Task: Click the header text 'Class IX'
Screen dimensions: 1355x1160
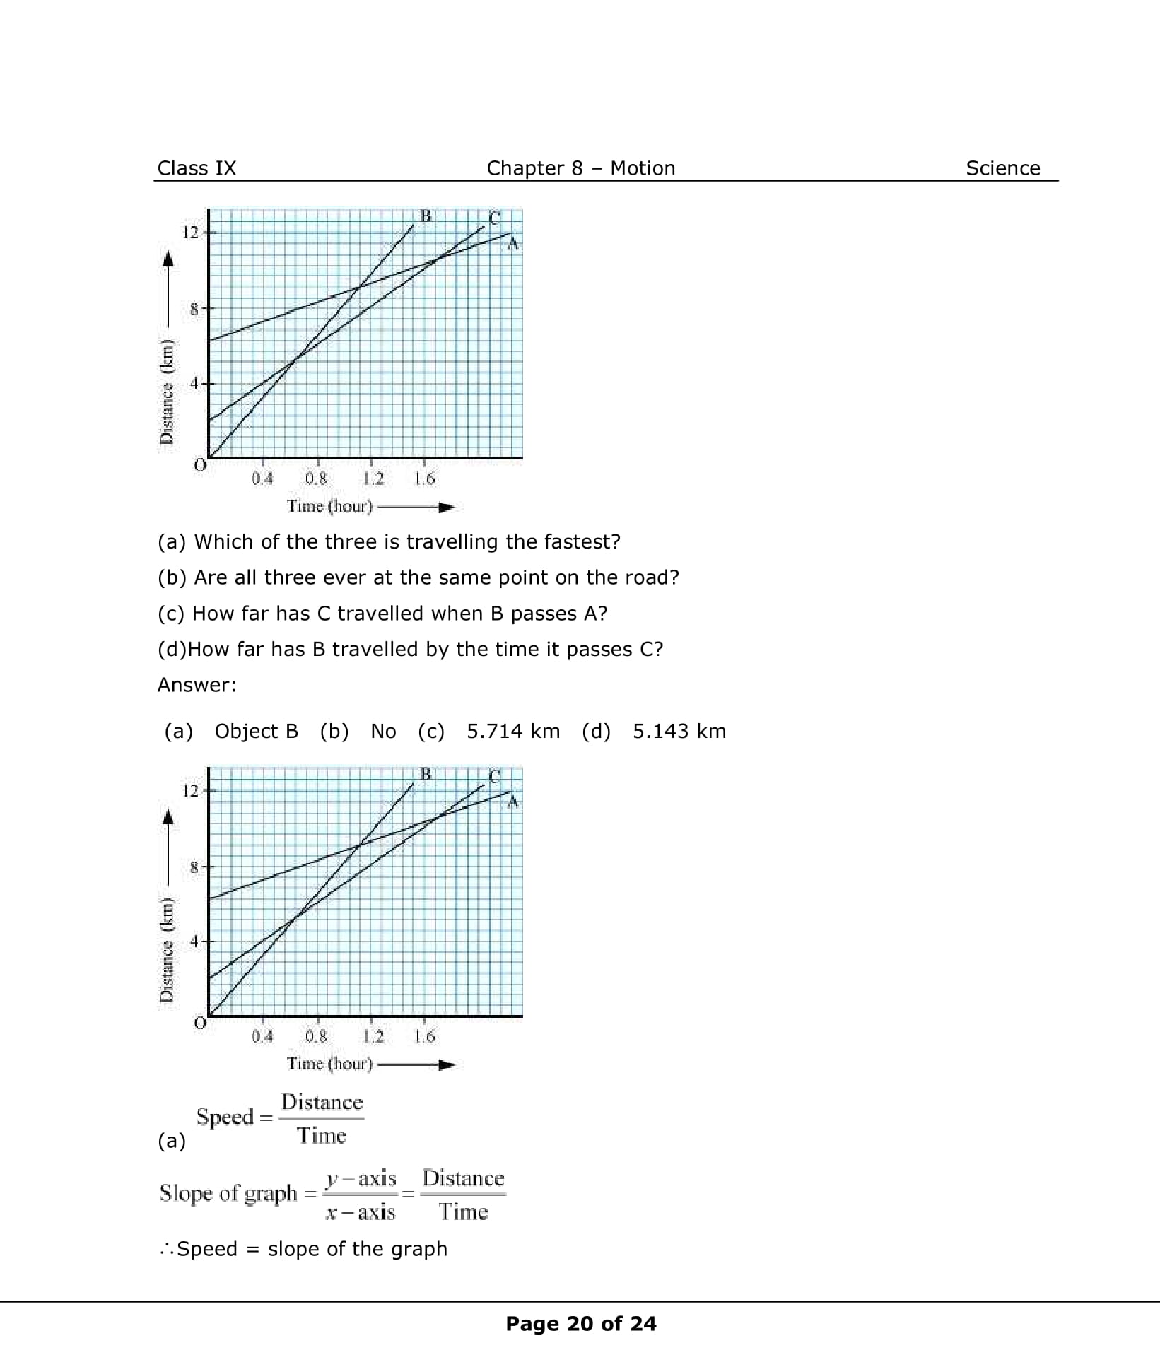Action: (197, 168)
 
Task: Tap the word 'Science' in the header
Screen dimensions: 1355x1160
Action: (1002, 168)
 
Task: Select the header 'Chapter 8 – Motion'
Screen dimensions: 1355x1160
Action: (580, 168)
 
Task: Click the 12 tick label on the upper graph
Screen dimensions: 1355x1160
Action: (190, 232)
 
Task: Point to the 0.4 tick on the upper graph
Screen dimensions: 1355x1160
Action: (262, 479)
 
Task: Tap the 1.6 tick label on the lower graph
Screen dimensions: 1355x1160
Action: (424, 1036)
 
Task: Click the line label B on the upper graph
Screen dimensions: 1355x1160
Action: (426, 215)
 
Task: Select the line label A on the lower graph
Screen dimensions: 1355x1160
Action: (514, 802)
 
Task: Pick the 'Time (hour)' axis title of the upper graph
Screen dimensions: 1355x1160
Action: (329, 506)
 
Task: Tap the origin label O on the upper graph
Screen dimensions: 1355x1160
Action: (200, 465)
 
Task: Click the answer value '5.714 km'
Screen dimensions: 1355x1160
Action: (513, 731)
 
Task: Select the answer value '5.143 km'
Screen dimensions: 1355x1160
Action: (679, 731)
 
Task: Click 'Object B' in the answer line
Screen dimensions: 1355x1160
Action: (256, 731)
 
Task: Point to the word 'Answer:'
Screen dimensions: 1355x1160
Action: (197, 684)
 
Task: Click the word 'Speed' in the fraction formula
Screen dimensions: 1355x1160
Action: (225, 1117)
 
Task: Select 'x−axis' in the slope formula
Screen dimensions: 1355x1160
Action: (361, 1212)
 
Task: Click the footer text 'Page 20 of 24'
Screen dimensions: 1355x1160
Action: (580, 1323)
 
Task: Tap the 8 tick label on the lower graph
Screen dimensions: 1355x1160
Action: (193, 867)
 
